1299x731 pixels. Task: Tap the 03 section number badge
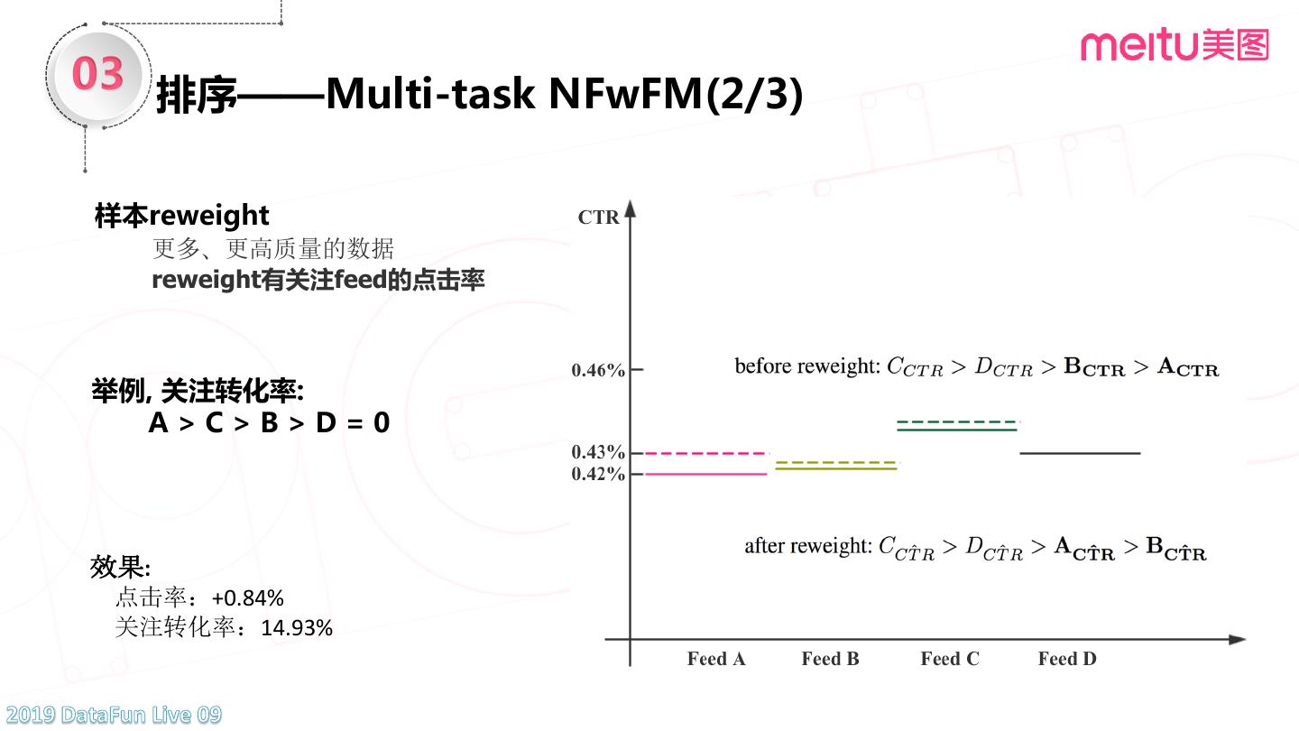pos(97,74)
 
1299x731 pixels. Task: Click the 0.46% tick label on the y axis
pos(598,370)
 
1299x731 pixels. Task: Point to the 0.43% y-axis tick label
pos(598,452)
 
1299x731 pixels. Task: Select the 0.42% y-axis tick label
pos(598,474)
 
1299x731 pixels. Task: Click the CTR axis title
pos(598,217)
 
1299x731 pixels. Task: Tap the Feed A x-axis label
pos(716,659)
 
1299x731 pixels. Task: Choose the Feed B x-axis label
pos(830,659)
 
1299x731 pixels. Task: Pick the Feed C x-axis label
pos(949,659)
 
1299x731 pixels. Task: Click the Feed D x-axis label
pos(1067,659)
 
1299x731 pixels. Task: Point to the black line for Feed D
pos(1080,453)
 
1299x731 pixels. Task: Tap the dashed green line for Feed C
pos(957,421)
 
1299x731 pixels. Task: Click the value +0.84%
pos(248,597)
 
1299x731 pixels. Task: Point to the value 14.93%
pos(297,628)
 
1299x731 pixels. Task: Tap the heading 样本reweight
pos(181,215)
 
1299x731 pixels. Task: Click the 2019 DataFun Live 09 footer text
pos(111,716)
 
